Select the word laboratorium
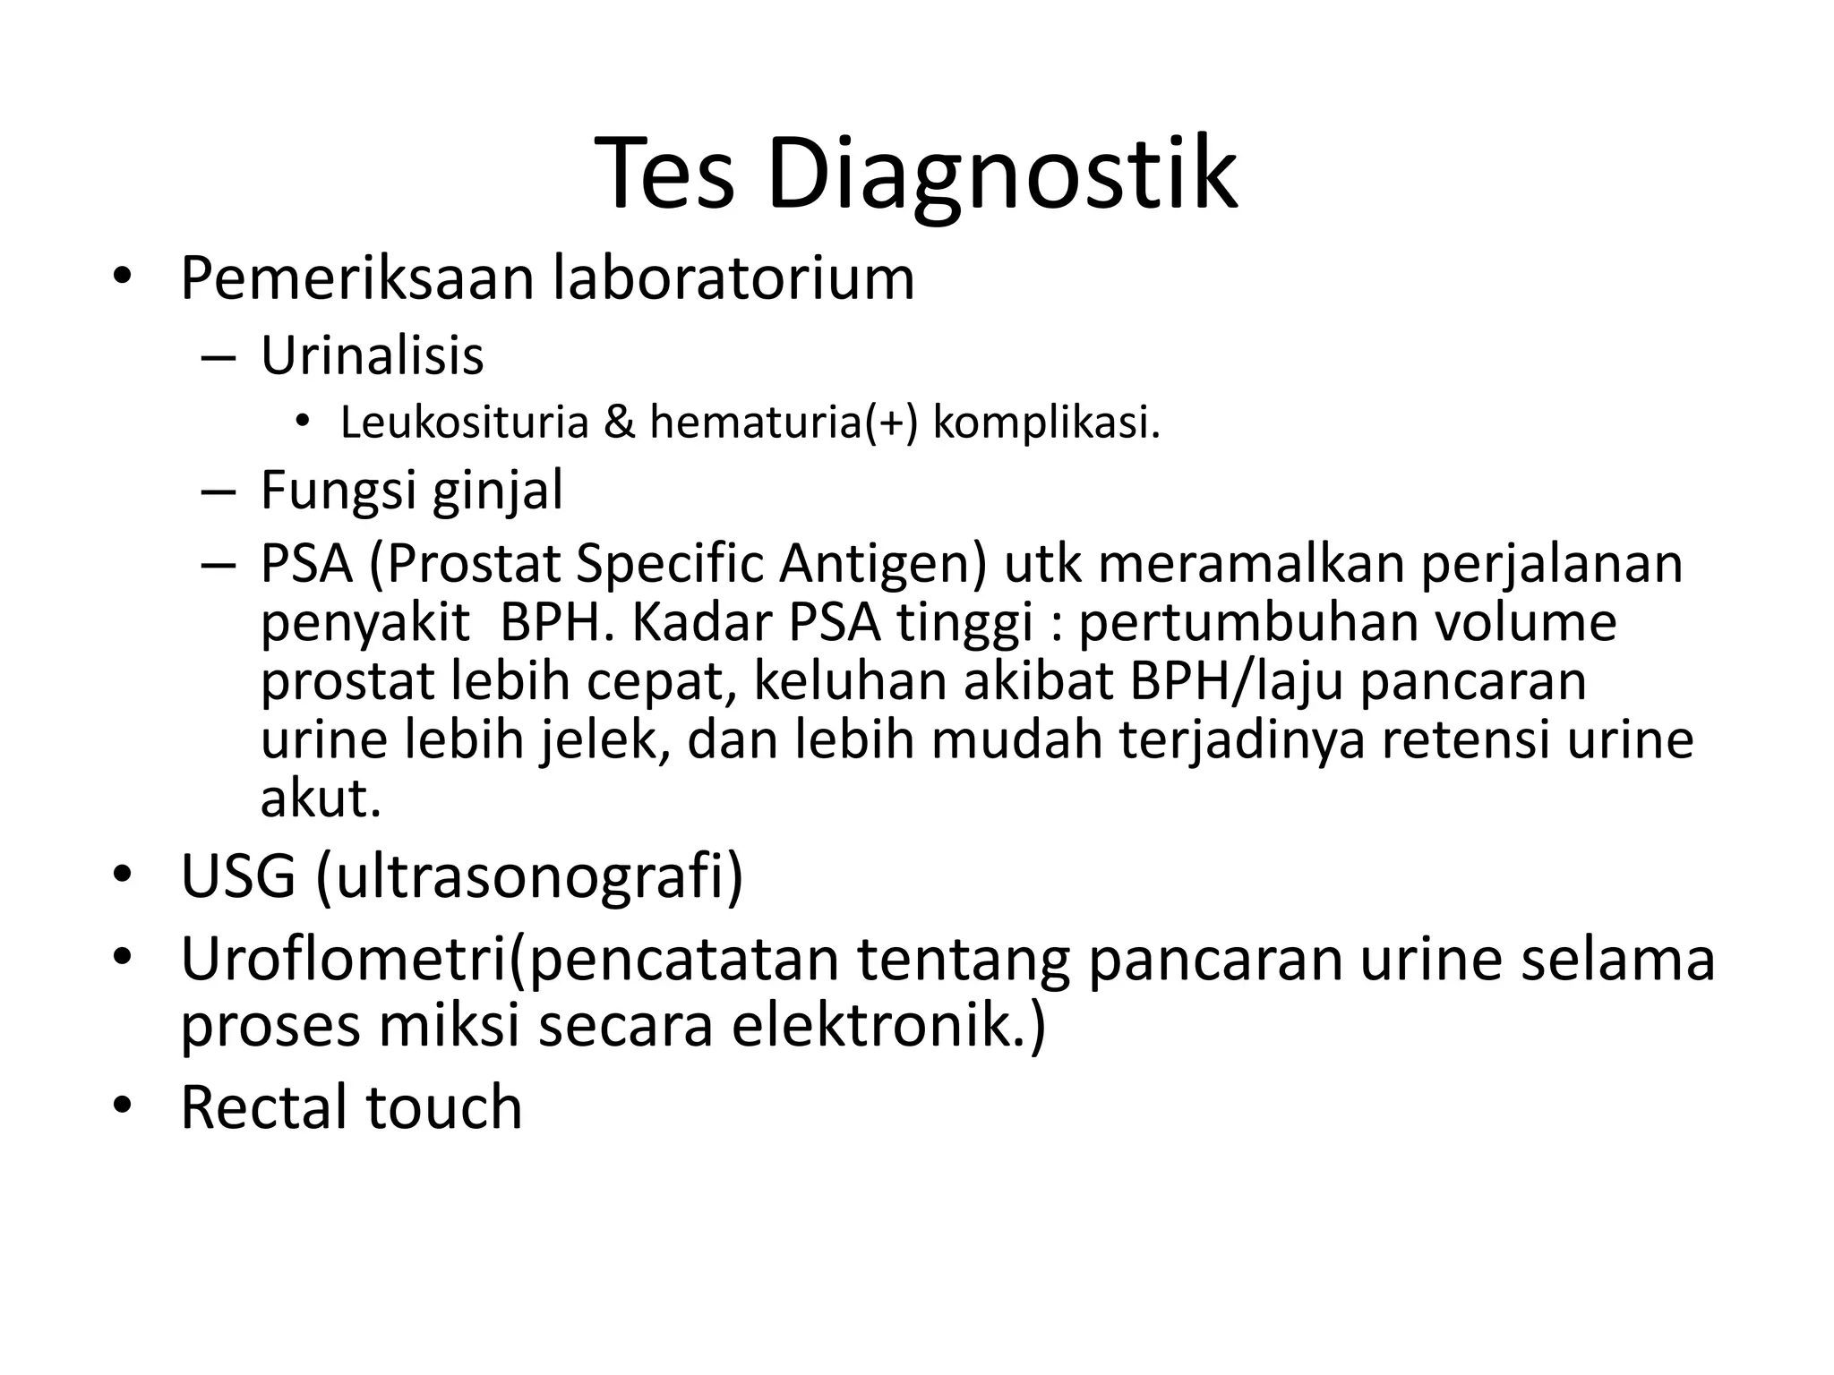coord(733,278)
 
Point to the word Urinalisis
coord(372,355)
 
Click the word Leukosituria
coord(464,423)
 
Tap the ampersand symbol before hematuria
coord(618,423)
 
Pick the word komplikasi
coord(1046,423)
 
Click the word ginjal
coord(498,491)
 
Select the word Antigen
coord(882,565)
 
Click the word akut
coord(320,799)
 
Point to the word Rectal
coord(263,1107)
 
